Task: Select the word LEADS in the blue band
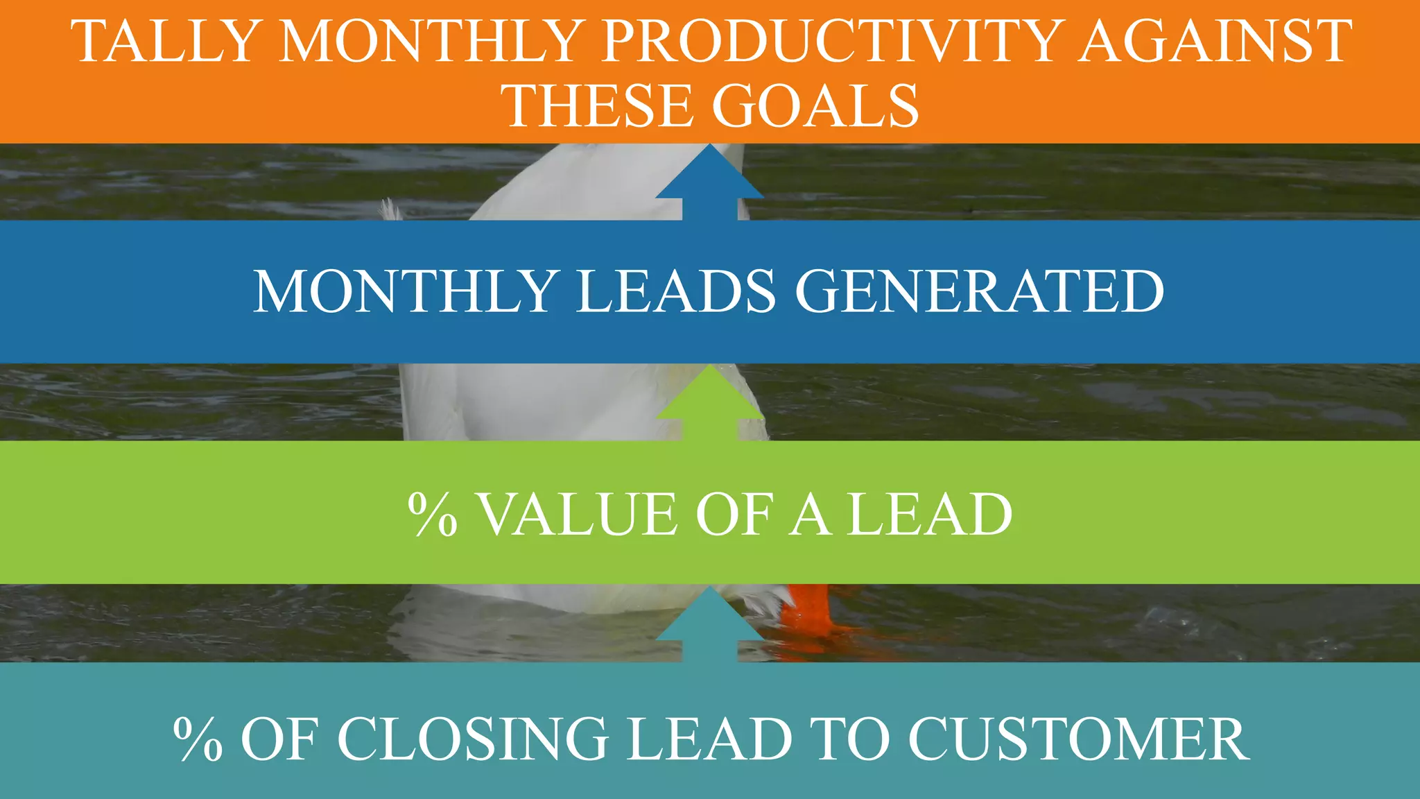click(x=676, y=291)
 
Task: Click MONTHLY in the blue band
click(x=406, y=291)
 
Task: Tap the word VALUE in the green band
click(x=578, y=515)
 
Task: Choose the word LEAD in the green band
click(x=930, y=515)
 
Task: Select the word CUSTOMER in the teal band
click(x=1078, y=739)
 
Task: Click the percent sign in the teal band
click(x=198, y=739)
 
